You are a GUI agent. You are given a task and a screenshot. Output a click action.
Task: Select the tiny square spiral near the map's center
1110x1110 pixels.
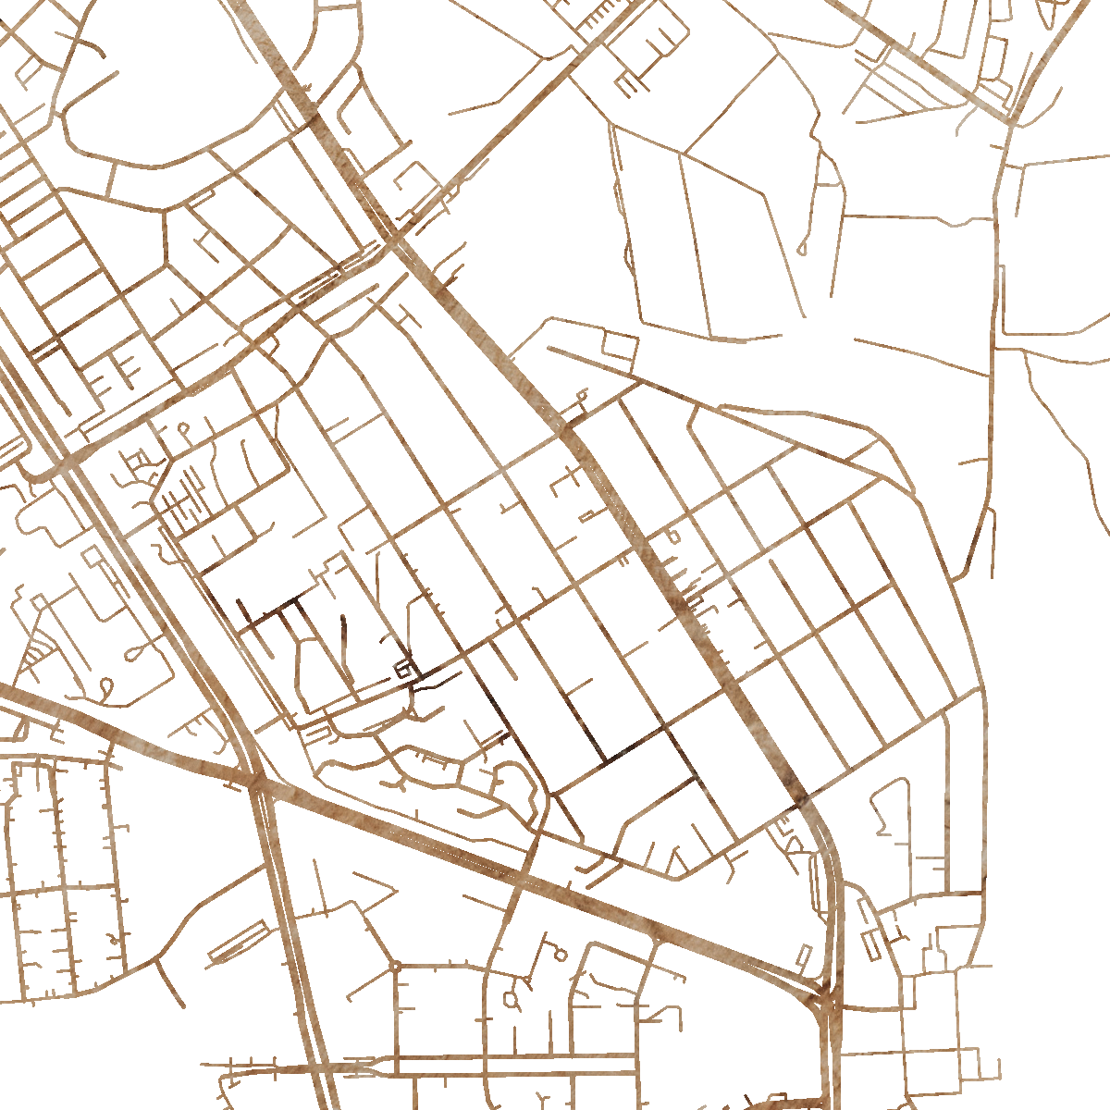(x=404, y=669)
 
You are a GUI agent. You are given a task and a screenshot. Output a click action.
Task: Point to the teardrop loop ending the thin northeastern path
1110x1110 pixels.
(x=801, y=249)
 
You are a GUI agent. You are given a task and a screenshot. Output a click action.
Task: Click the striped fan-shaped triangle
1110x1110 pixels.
(x=35, y=657)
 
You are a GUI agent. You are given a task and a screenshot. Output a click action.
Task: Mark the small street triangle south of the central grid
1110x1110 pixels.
(x=678, y=864)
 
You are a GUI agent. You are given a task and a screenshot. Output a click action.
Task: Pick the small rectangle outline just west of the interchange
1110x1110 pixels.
(x=804, y=955)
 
